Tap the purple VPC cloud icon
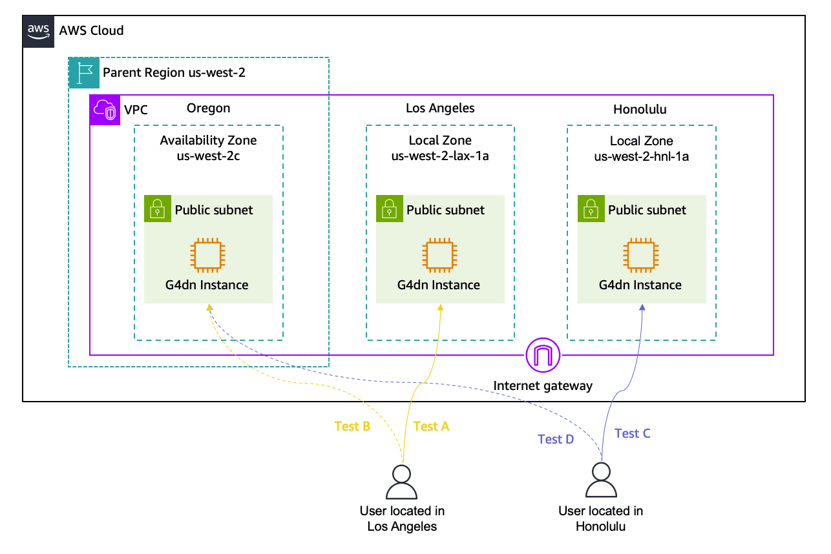pos(104,110)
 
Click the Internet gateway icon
pos(543,354)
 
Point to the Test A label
pos(430,426)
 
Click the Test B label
pos(352,426)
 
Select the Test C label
pos(632,433)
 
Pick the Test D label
pos(556,439)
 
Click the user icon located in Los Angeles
pos(401,482)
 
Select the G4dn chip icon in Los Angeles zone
pos(439,254)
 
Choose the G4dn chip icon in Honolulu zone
pos(640,254)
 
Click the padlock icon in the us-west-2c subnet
pos(157,209)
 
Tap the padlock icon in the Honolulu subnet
pos(591,209)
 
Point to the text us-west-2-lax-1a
pos(440,156)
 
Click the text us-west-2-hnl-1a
pos(641,156)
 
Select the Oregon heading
pos(208,108)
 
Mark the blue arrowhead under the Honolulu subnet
pos(642,309)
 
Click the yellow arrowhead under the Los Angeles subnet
pos(441,308)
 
